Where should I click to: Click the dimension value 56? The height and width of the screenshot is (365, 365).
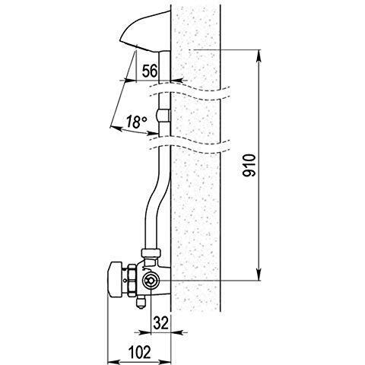(x=150, y=71)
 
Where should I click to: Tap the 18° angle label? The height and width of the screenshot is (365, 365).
(x=136, y=122)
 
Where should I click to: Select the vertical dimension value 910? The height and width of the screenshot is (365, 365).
(x=249, y=165)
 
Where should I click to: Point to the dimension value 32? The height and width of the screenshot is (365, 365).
(x=161, y=323)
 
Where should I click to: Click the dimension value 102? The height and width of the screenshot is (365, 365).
(x=139, y=352)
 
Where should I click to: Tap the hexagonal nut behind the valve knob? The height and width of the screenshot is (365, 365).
(x=132, y=281)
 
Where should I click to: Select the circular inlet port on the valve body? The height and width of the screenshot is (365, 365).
(x=150, y=281)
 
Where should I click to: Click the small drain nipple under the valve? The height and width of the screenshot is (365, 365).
(x=141, y=303)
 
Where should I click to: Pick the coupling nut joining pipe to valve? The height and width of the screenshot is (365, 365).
(x=151, y=252)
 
